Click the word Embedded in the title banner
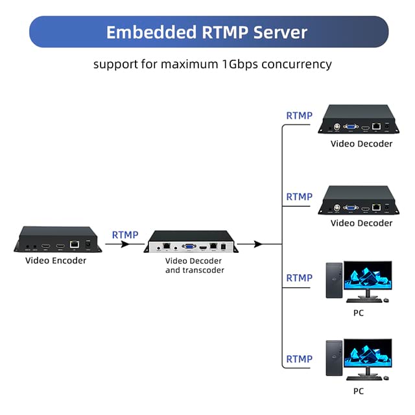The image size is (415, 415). tap(151, 32)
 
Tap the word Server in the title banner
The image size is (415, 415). tap(280, 32)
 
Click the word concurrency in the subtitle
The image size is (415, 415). tap(297, 64)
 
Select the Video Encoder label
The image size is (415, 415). tap(56, 261)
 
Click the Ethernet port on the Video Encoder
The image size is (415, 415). tap(75, 244)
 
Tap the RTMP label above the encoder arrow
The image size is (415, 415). tap(125, 235)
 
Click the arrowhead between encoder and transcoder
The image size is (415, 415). tap(124, 244)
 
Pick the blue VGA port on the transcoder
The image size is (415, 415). tap(189, 246)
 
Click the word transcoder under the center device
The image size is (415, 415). tap(204, 270)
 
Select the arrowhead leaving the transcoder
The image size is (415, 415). tap(258, 244)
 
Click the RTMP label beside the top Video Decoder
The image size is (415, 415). tap(300, 115)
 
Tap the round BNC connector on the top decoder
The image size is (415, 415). tap(337, 127)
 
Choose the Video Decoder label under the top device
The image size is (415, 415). tap(362, 144)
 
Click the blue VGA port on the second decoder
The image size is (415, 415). tap(351, 208)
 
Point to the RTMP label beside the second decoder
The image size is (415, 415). tap(300, 196)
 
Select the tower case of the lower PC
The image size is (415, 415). tap(334, 358)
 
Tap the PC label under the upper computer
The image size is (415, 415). tap(359, 313)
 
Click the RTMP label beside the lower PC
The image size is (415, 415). tap(300, 359)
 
